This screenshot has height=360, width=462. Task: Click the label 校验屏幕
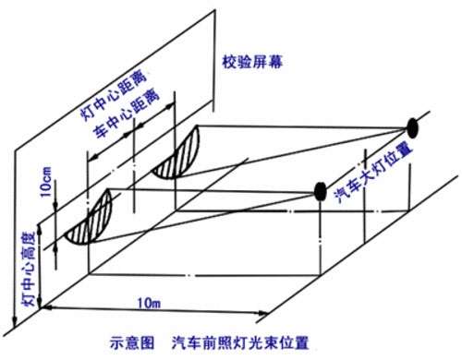[252, 62]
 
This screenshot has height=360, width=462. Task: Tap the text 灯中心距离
[113, 96]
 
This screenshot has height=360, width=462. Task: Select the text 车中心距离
[127, 114]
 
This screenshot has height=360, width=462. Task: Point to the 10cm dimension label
[45, 182]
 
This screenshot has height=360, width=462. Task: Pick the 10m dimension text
[149, 304]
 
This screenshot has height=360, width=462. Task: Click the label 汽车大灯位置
[373, 174]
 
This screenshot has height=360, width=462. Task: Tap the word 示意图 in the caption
[132, 342]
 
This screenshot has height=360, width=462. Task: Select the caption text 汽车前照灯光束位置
[240, 342]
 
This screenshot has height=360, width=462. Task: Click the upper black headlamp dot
[412, 128]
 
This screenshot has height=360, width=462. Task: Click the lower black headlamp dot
[321, 191]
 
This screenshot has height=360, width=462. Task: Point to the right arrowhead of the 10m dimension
[264, 314]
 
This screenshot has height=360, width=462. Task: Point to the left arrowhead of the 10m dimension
[46, 307]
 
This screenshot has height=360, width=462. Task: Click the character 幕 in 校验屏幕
[275, 62]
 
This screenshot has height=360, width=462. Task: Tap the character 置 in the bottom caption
[301, 342]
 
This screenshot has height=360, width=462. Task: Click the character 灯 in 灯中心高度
[29, 299]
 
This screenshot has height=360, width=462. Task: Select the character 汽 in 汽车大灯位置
[341, 197]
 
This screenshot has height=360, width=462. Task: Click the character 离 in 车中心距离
[152, 96]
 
